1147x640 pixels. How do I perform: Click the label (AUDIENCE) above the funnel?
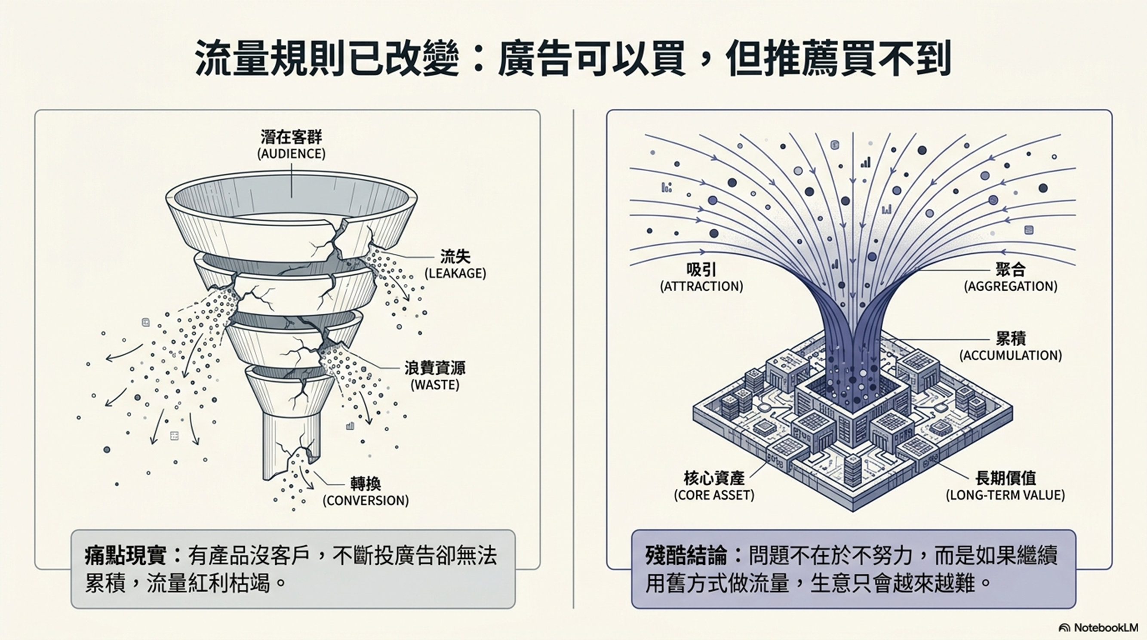point(291,154)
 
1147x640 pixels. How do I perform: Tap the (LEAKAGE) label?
point(455,274)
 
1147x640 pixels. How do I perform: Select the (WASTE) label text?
point(434,385)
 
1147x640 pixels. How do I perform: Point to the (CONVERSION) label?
point(366,501)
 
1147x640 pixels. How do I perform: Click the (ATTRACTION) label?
point(701,286)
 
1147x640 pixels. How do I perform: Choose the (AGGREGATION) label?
point(1010,286)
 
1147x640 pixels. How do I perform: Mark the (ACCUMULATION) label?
point(1010,355)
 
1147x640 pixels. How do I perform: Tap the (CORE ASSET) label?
point(714,495)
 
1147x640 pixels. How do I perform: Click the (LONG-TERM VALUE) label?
point(1005,495)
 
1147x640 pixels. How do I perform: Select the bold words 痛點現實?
point(126,556)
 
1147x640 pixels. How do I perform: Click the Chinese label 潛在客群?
point(291,137)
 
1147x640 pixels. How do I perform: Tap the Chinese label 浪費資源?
point(434,368)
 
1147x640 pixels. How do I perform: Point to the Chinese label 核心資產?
point(714,478)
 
